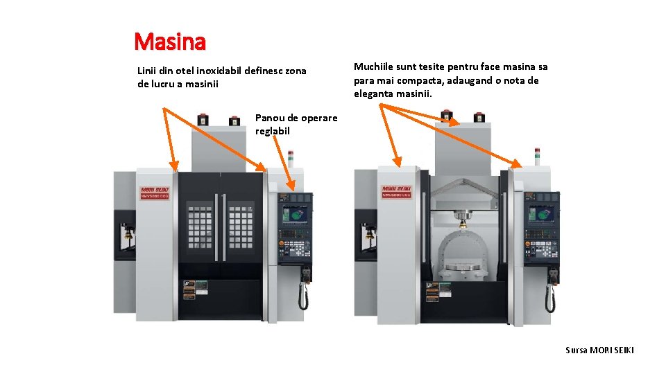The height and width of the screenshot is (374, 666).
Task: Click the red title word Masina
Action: pyautogui.click(x=170, y=42)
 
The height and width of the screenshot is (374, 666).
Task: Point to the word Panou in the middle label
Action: pyautogui.click(x=271, y=118)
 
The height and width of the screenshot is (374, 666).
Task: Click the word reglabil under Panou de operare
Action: pyautogui.click(x=273, y=131)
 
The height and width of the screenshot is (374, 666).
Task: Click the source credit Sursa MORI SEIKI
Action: pyautogui.click(x=599, y=350)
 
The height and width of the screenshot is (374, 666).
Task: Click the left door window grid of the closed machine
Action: pyautogui.click(x=200, y=228)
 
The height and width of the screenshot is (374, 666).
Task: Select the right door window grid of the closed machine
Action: pyautogui.click(x=241, y=228)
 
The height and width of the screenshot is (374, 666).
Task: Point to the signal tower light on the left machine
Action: pyautogui.click(x=291, y=157)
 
